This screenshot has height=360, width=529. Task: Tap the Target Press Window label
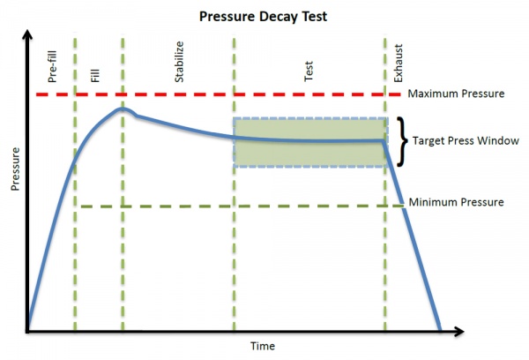click(466, 140)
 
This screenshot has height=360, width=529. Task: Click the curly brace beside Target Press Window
click(403, 141)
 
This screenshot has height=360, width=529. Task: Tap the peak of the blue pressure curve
click(123, 109)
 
